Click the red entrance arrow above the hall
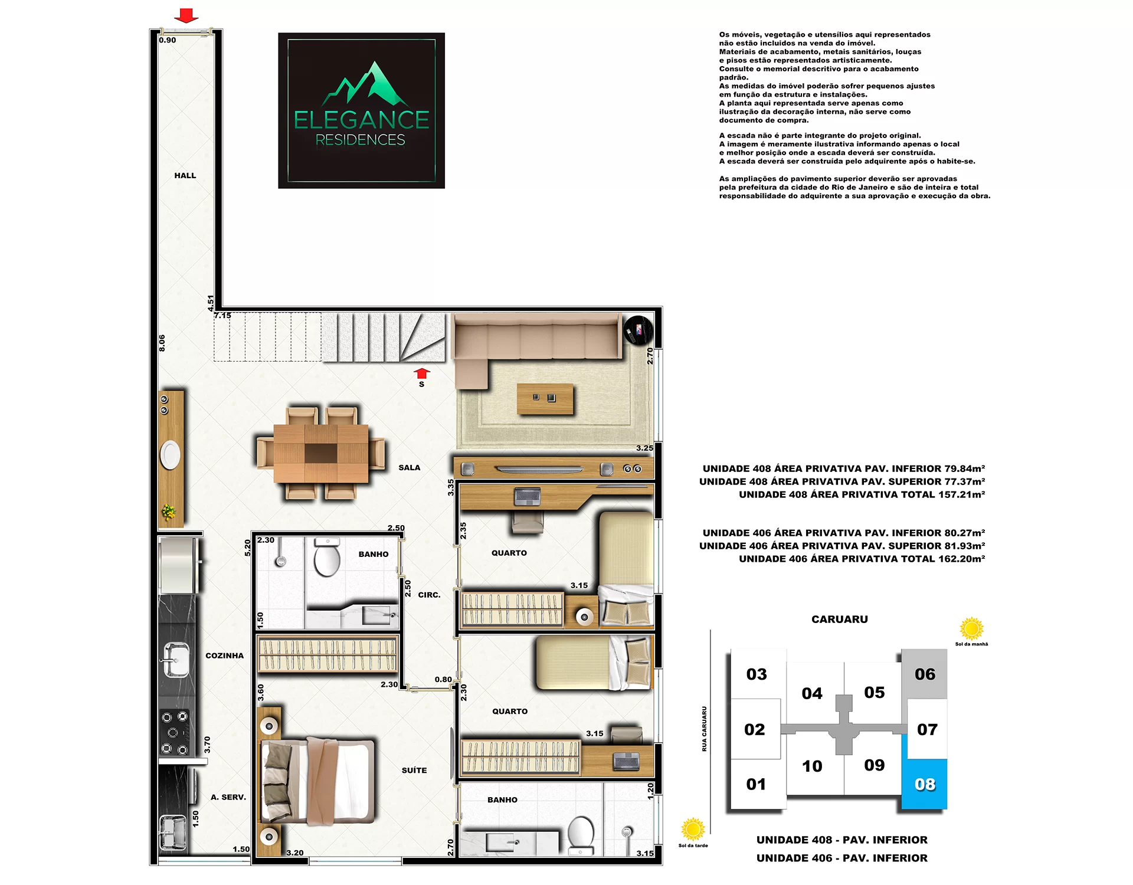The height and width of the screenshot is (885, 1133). point(186,15)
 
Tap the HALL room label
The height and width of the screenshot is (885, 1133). point(185,176)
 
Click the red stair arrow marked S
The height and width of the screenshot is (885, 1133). point(421,373)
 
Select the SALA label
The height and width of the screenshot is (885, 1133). point(410,468)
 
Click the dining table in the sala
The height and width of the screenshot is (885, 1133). point(321,453)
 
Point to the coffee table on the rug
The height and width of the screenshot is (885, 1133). point(545,399)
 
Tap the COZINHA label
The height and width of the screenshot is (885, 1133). point(225,655)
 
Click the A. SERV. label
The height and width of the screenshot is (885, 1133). point(228,797)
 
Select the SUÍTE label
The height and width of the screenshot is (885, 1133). point(414,771)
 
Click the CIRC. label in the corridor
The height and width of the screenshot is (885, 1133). point(430,595)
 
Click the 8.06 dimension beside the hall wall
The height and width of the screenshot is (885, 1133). point(162,343)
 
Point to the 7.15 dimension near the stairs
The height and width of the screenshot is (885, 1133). point(222,316)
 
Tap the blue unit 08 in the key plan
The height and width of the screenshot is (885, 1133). point(925,784)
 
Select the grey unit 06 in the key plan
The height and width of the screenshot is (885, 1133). point(925,674)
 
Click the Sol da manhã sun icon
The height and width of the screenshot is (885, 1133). point(971,628)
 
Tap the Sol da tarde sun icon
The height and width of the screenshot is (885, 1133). point(693,829)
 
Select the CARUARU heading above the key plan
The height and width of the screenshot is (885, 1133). point(840,619)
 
